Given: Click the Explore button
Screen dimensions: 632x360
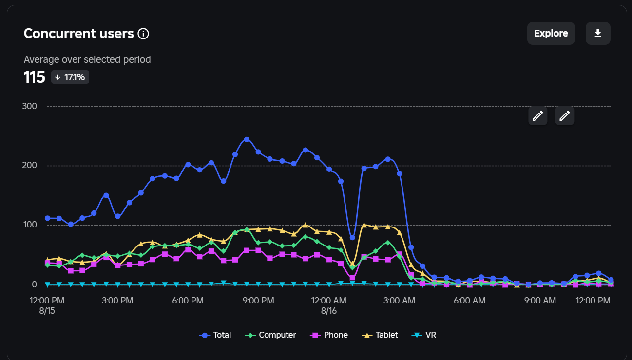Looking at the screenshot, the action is coord(551,33).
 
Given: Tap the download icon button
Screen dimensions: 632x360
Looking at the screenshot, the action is coord(598,33).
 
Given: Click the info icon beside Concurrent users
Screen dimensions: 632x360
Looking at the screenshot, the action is coord(143,34).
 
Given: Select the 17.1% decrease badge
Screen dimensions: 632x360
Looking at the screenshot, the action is coord(70,77).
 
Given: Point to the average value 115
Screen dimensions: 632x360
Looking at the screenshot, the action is coord(34,77).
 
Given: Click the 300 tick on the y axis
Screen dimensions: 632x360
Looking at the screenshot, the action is coord(29,106).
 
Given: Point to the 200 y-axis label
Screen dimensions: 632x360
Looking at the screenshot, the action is coord(29,165).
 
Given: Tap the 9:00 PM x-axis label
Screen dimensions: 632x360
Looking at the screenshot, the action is coord(258,301).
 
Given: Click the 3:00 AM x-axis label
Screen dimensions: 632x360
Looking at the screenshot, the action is coord(399,301).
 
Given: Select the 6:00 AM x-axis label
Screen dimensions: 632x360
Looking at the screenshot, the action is coord(469,301).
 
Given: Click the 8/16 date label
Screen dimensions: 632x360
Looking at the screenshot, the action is coord(329,311).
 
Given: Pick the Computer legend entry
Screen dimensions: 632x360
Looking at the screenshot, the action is coord(270,335).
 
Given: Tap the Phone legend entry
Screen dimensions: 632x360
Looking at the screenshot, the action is coord(329,335).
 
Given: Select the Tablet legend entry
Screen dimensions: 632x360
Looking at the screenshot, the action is coord(380,335).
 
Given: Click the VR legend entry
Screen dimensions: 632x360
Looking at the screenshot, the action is coord(423,335).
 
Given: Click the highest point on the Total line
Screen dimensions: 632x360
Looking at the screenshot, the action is coord(247,139).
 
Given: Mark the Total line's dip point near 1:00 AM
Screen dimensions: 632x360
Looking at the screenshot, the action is coord(352,238).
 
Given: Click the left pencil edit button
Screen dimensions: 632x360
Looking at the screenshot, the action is coord(538,115).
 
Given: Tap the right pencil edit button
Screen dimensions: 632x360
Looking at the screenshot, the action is coord(565,115).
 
